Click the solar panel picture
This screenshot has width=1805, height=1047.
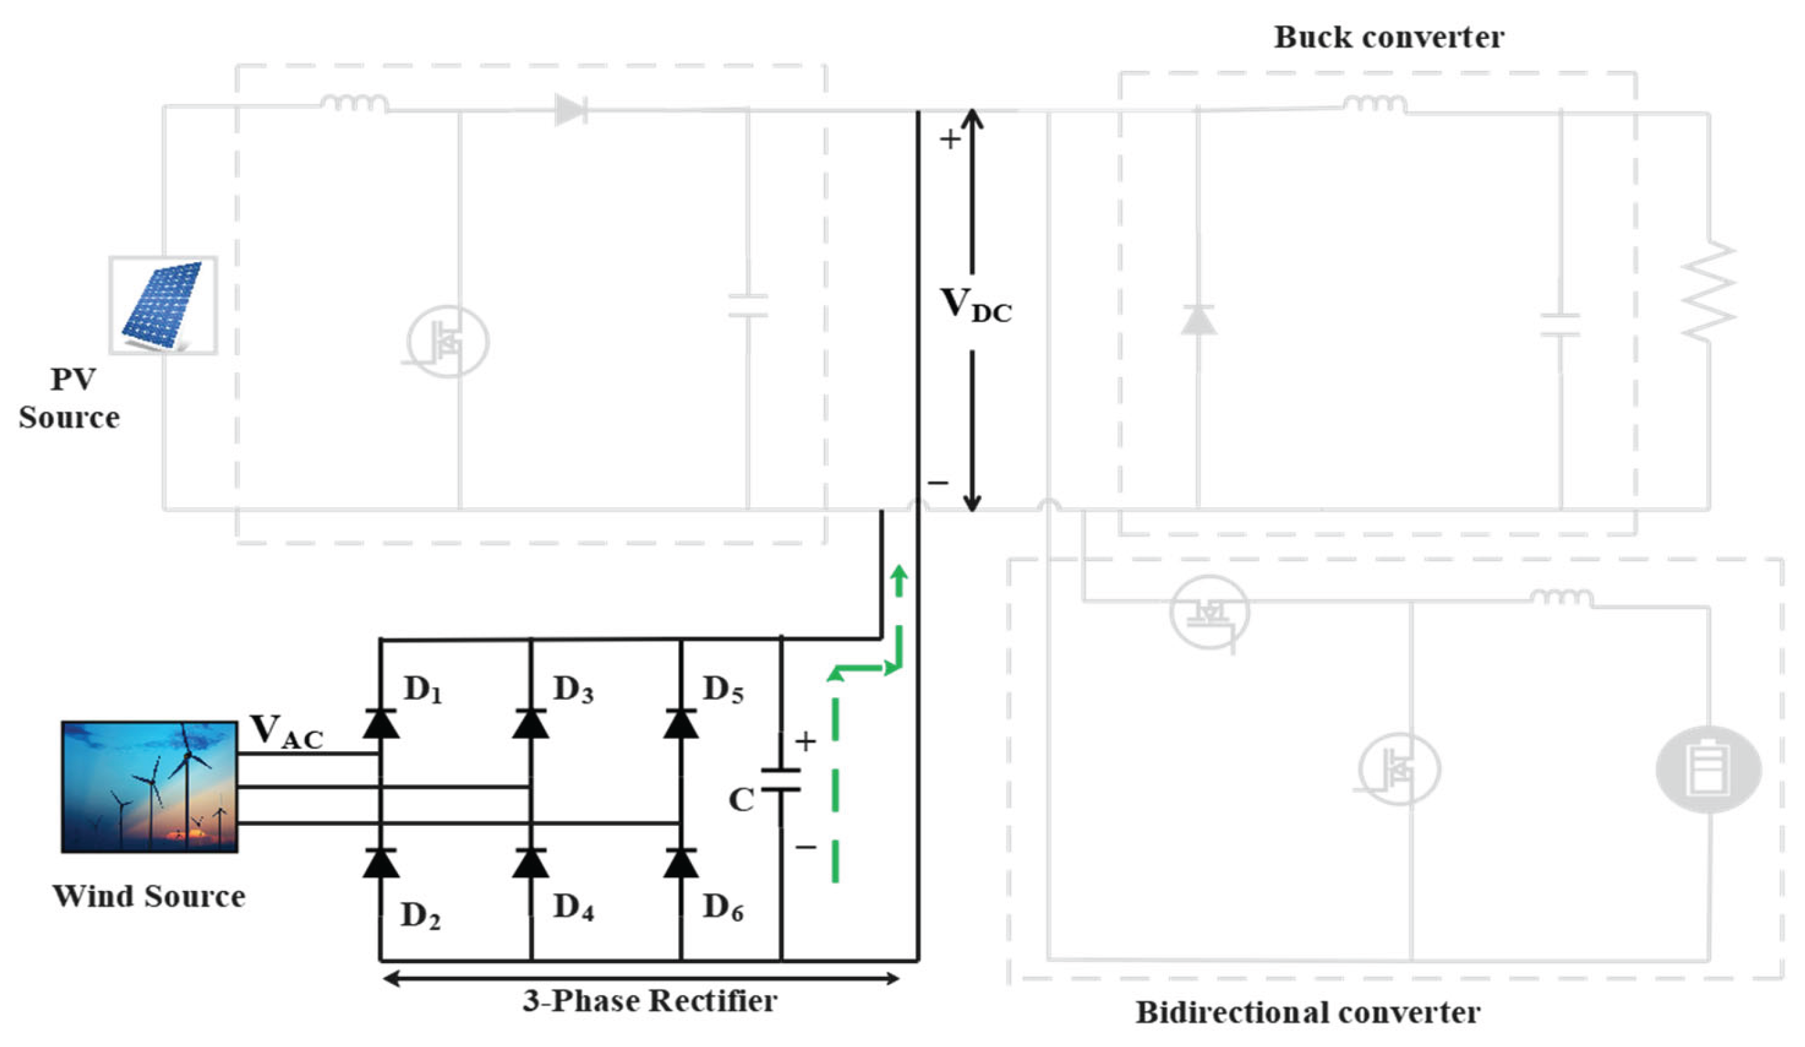click(x=163, y=305)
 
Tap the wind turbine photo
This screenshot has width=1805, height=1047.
click(x=149, y=786)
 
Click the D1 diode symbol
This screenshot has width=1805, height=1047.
click(x=380, y=723)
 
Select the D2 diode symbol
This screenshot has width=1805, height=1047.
click(x=380, y=862)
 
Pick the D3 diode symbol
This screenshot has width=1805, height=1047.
click(x=531, y=723)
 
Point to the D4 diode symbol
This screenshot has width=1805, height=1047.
click(x=531, y=862)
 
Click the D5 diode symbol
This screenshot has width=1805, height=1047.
click(x=681, y=723)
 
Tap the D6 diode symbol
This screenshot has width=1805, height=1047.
click(x=681, y=862)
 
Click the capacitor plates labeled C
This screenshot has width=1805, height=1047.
click(x=781, y=780)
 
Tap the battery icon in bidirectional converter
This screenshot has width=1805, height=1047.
click(x=1708, y=769)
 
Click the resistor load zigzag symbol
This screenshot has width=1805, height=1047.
click(x=1709, y=291)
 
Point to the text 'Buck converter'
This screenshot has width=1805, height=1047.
click(x=1389, y=37)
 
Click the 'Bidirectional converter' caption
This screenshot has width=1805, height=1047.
click(x=1308, y=1013)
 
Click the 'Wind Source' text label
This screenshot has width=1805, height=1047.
click(x=149, y=897)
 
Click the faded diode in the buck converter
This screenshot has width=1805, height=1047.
click(x=1198, y=319)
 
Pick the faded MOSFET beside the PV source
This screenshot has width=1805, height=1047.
click(x=447, y=341)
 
